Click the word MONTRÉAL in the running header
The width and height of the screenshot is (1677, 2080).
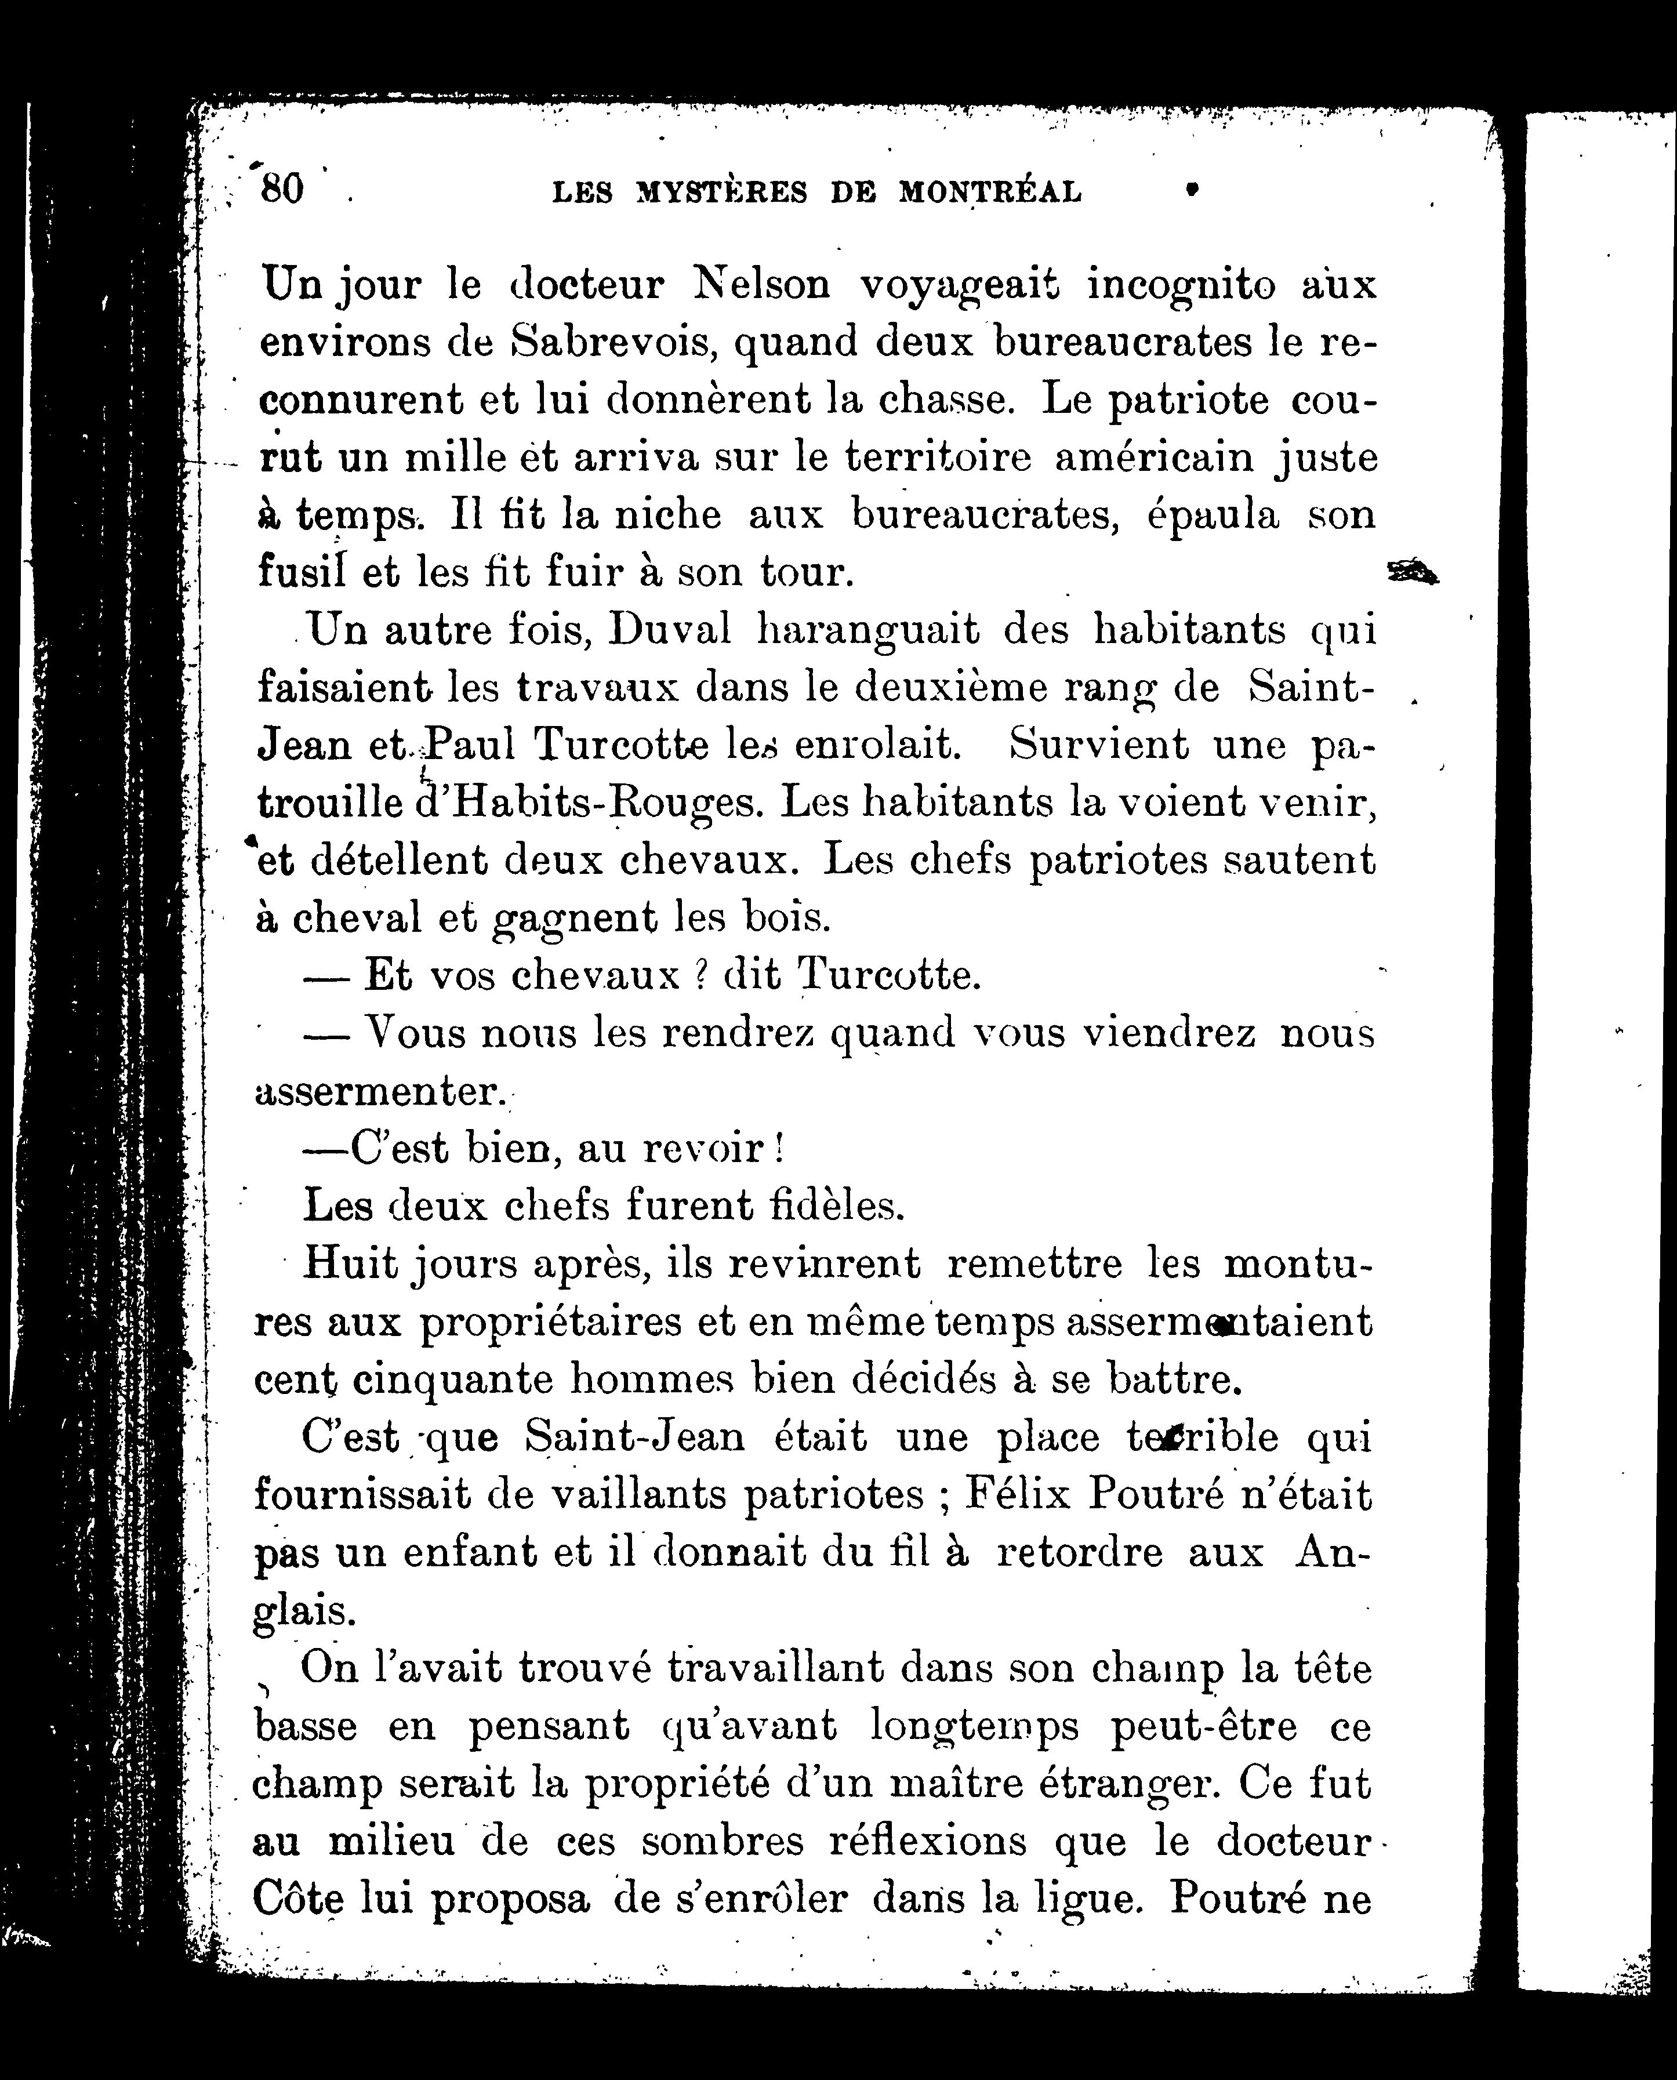pos(990,193)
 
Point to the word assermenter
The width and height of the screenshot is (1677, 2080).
pos(377,1092)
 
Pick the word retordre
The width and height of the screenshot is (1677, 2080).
pos(1079,1552)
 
